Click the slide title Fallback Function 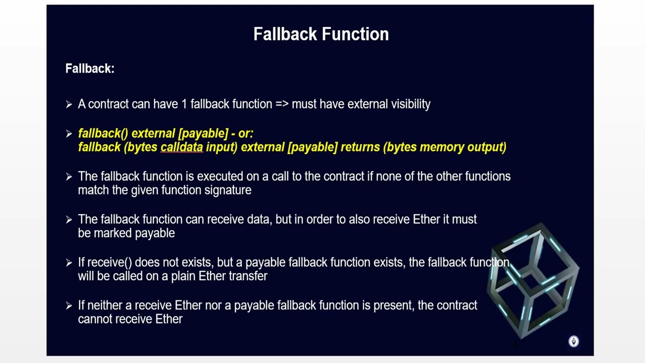tap(321, 34)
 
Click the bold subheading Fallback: tap(90, 69)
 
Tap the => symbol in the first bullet tap(281, 104)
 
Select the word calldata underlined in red tap(181, 147)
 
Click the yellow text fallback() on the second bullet tap(103, 134)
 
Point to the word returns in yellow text tap(360, 147)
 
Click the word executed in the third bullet tap(219, 176)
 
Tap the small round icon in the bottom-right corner tap(573, 342)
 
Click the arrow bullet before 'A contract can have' tap(69, 104)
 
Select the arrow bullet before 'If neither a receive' tap(69, 306)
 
